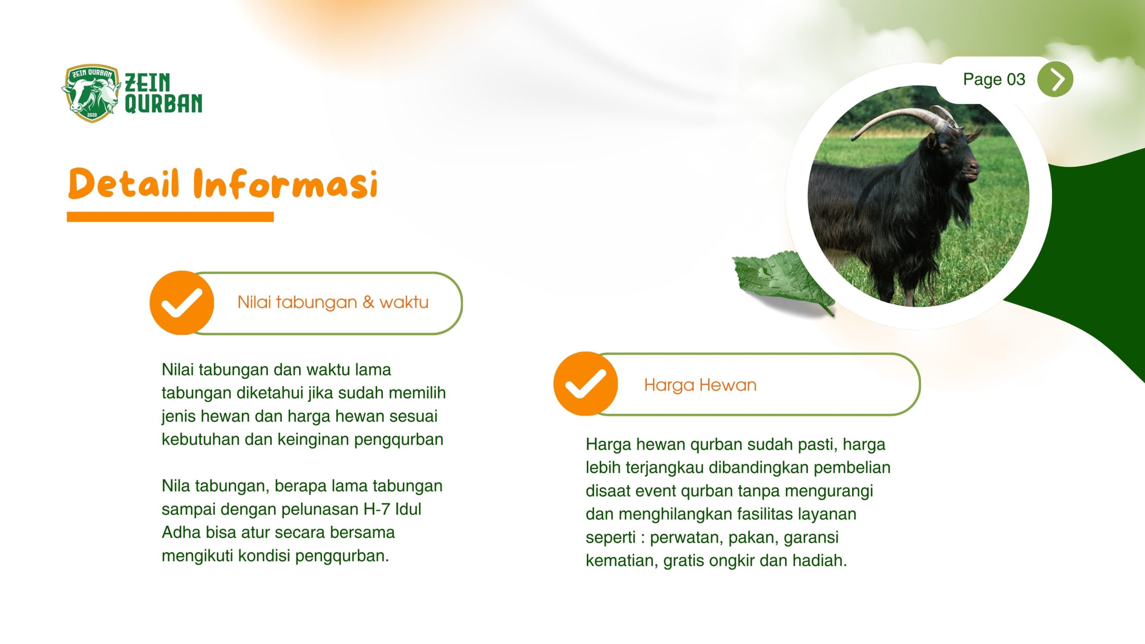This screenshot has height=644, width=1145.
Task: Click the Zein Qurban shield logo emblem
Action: (x=91, y=93)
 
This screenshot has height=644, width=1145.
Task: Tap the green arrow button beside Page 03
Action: (x=1055, y=80)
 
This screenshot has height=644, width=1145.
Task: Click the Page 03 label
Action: (x=994, y=80)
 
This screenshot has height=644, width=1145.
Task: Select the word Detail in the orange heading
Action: (x=124, y=183)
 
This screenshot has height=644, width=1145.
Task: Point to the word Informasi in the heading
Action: (x=285, y=183)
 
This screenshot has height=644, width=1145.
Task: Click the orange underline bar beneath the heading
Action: (x=170, y=217)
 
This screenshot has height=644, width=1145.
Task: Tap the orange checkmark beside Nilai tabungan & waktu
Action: (x=182, y=303)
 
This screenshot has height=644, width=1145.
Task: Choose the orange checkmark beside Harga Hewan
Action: (x=585, y=384)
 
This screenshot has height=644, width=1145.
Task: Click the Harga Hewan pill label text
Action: (x=700, y=385)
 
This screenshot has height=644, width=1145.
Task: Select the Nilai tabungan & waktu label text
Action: (x=333, y=302)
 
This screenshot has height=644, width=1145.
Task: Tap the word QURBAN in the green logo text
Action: (x=163, y=103)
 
